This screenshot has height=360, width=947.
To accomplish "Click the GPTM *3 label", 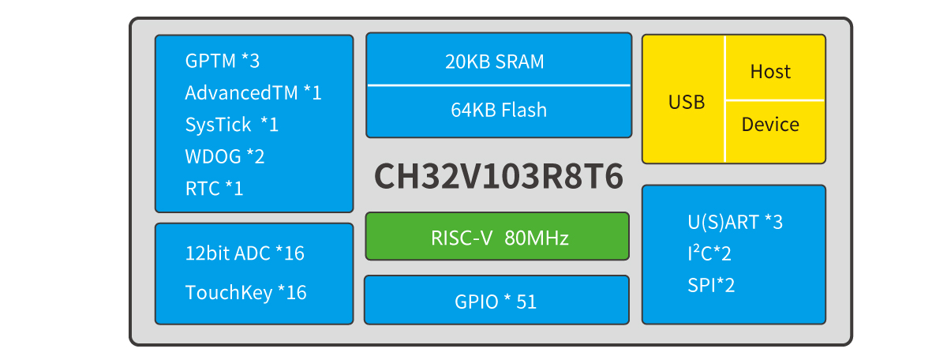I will click(222, 61).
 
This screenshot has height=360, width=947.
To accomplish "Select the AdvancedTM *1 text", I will click(253, 92).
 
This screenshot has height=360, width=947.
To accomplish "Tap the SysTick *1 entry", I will click(231, 125).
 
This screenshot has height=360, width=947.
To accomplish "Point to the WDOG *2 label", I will click(225, 156).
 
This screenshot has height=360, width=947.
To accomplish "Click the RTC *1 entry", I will click(214, 189).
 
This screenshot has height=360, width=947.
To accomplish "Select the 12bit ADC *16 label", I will click(245, 253).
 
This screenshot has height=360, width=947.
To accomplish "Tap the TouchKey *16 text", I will click(245, 293).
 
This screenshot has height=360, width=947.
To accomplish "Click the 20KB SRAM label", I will click(494, 62).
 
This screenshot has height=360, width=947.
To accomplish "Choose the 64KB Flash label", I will click(499, 110).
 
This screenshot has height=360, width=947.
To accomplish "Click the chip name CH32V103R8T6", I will click(498, 178).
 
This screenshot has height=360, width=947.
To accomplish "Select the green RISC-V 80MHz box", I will click(497, 237).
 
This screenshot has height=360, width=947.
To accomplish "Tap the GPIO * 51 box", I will click(496, 300).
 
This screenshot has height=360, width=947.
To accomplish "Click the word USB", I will click(687, 102).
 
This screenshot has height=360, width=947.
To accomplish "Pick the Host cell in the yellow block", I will click(770, 72).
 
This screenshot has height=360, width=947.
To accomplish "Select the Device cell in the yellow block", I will click(770, 125).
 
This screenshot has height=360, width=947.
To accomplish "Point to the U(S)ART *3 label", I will click(735, 222).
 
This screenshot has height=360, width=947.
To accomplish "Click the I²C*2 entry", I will click(711, 253).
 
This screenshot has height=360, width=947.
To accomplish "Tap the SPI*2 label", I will click(711, 285).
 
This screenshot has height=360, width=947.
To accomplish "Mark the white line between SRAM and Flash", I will click(499, 84).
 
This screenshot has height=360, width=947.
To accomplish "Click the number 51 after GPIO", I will click(526, 301).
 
